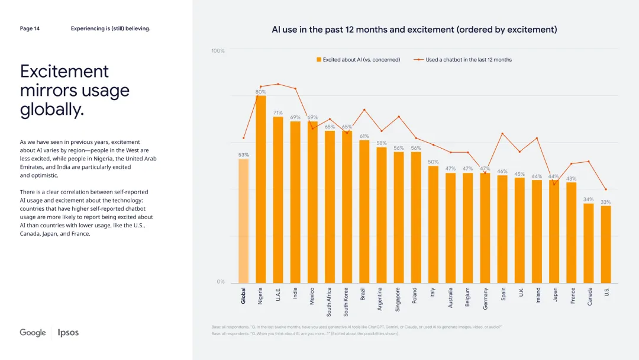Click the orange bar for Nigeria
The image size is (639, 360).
(260, 189)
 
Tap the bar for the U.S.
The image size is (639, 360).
(606, 244)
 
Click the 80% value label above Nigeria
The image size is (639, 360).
(260, 92)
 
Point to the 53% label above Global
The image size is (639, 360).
(243, 155)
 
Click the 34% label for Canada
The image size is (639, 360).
(588, 200)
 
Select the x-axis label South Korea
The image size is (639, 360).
(347, 302)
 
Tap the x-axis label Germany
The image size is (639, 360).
(485, 298)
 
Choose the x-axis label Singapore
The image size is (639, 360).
(398, 300)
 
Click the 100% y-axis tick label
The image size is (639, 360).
(218, 51)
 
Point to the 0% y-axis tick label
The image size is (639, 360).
(221, 282)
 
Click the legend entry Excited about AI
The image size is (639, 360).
(359, 60)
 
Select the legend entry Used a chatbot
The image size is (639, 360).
(464, 60)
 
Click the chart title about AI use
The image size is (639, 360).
(414, 30)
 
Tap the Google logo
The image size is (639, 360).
(33, 333)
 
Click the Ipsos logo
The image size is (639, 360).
(68, 333)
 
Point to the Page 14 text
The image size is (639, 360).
(30, 28)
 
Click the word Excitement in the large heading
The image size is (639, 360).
(64, 72)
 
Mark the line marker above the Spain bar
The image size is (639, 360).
(502, 134)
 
